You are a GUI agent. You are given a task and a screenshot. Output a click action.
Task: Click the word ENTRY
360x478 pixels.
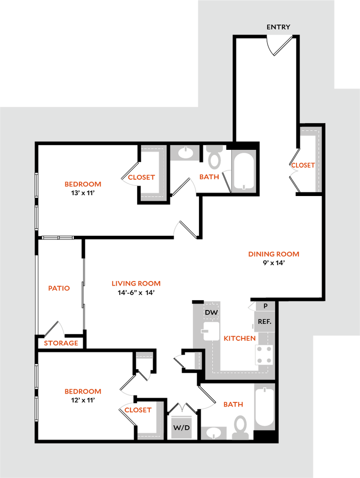[x=278, y=27]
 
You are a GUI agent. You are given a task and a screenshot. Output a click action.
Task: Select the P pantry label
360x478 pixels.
[x=265, y=306]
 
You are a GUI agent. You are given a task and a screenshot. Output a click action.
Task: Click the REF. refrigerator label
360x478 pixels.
[x=264, y=322]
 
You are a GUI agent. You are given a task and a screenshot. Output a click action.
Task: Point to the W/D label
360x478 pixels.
[x=182, y=428]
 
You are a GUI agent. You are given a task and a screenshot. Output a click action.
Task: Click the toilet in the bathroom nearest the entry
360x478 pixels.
[x=215, y=158]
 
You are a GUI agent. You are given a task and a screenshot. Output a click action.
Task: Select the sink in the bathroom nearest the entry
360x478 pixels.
[x=185, y=153]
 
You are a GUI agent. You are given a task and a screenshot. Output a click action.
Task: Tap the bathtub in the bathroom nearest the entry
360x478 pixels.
[x=244, y=171]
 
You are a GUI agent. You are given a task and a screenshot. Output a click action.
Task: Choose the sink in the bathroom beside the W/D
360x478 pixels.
[x=214, y=433]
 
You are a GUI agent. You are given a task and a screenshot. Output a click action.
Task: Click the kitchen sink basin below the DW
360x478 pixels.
[x=212, y=331]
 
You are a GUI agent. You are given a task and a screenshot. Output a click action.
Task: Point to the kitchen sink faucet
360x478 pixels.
[x=205, y=331]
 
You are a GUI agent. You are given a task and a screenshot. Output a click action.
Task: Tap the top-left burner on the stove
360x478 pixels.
[x=259, y=349]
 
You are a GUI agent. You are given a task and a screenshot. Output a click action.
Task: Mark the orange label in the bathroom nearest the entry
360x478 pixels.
[x=209, y=176]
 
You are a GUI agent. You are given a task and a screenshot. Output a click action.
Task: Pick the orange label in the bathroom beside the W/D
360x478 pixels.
[x=233, y=404]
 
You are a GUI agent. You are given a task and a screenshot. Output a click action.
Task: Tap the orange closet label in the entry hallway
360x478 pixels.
[x=303, y=165]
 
